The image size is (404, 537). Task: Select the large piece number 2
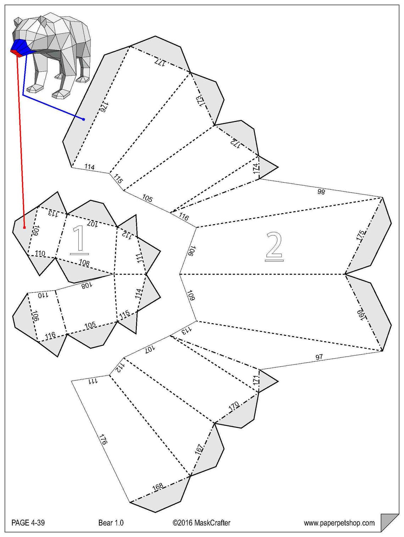[274, 246]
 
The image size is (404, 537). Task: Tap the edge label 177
[160, 62]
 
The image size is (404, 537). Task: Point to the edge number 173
[200, 100]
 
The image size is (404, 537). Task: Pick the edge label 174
[256, 168]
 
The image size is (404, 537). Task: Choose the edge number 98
[321, 192]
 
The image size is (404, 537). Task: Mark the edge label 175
[360, 236]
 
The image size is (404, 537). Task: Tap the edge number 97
[319, 357]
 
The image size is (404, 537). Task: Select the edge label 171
[256, 381]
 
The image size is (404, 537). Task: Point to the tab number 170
[234, 406]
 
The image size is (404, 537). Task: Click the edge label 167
[199, 449]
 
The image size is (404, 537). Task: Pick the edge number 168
[158, 486]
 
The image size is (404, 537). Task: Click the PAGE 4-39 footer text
[28, 522]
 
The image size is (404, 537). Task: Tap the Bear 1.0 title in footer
[111, 522]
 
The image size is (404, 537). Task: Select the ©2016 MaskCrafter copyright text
[201, 522]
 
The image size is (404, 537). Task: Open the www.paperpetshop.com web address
[339, 523]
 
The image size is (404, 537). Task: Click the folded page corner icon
[389, 522]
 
